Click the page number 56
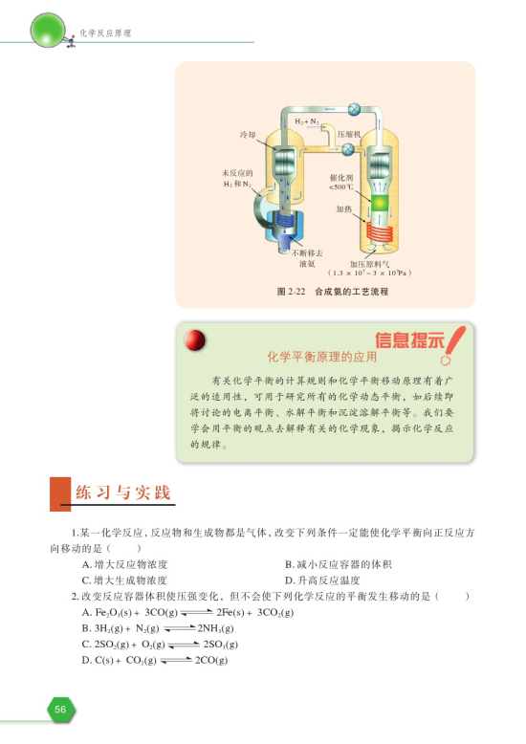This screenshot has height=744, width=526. point(59,709)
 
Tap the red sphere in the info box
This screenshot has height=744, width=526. point(197,340)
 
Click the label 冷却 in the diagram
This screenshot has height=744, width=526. point(246,135)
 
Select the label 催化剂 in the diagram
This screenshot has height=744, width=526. point(341,178)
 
